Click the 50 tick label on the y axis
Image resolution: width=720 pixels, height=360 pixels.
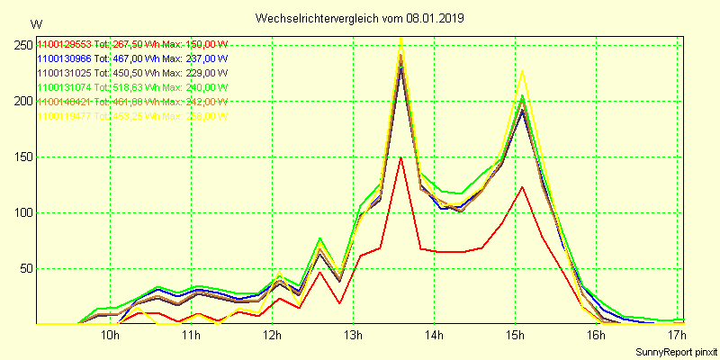[26, 268]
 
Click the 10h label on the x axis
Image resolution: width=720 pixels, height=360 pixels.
[110, 336]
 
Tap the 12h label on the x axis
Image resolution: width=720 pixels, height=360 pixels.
[273, 336]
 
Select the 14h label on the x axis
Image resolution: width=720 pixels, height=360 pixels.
[435, 336]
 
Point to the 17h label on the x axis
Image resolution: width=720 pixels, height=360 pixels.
[678, 336]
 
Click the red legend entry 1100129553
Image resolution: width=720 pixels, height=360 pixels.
[65, 44]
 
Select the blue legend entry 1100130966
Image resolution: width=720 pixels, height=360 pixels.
[65, 58]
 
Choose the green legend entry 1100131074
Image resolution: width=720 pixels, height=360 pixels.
[65, 87]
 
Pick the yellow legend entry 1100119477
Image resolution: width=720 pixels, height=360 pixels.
[65, 116]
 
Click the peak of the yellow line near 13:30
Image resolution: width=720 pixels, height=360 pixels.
[400, 39]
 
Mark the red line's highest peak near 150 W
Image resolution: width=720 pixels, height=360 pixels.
[400, 157]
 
